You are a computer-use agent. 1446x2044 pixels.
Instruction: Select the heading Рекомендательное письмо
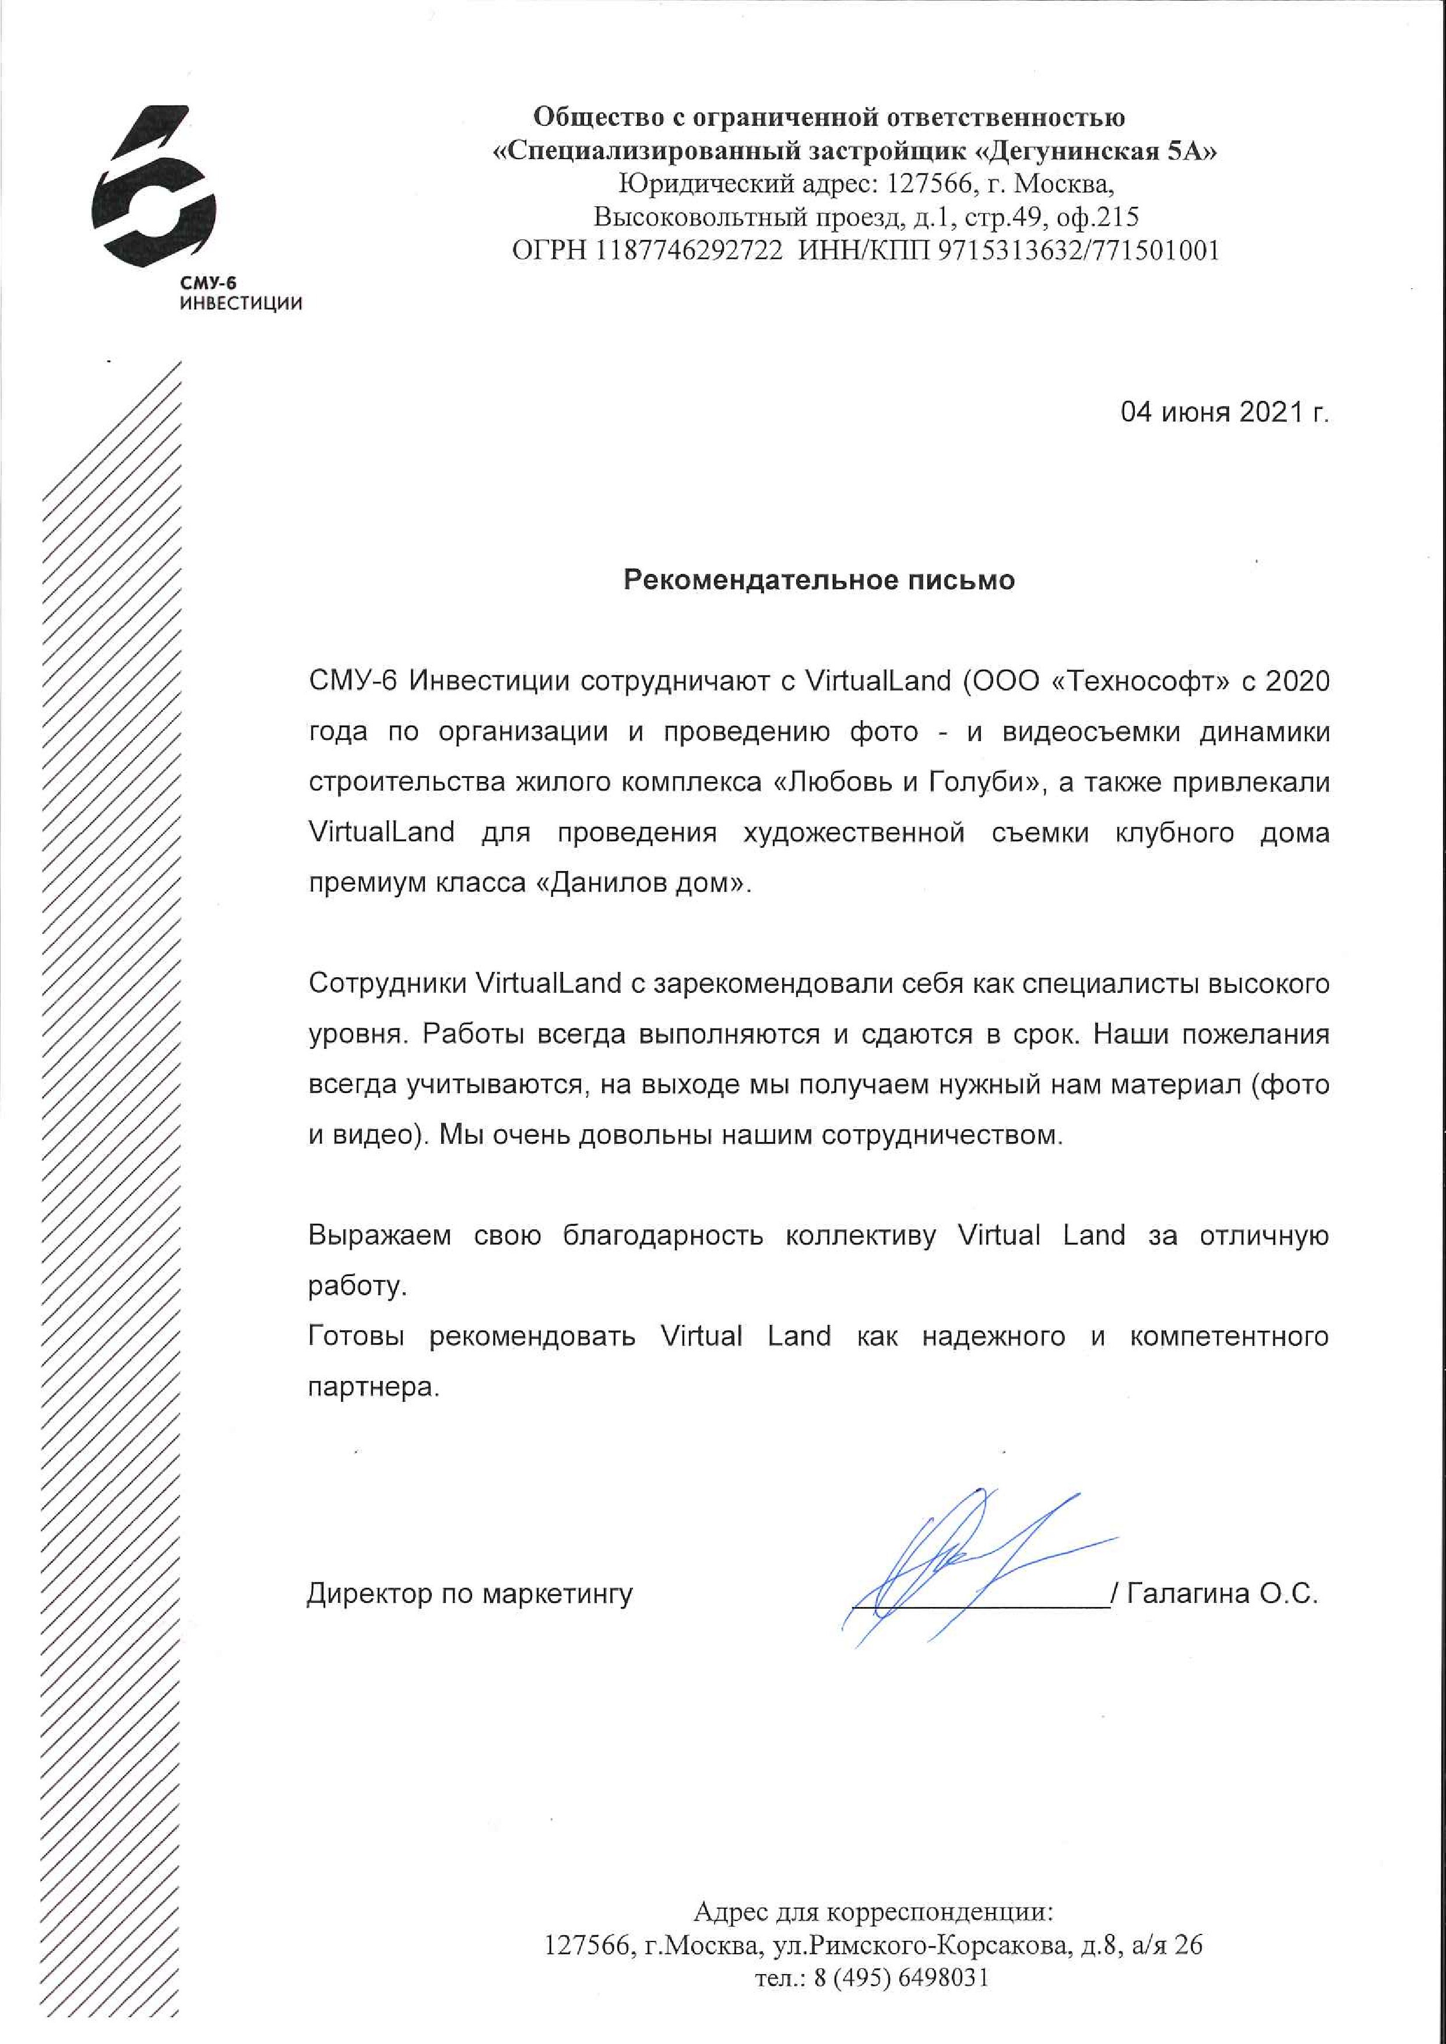pyautogui.click(x=818, y=580)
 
